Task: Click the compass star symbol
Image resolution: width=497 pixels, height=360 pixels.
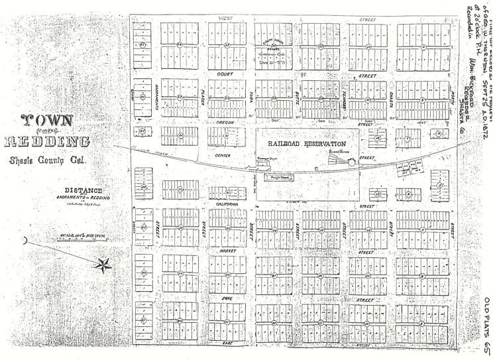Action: point(103,265)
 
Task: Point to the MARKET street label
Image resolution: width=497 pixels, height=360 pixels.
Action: point(228,252)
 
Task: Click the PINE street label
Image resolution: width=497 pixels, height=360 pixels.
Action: point(229,299)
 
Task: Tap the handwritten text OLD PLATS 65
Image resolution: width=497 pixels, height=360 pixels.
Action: point(486,323)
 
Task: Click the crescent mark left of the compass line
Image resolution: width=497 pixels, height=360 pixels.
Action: point(23,241)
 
